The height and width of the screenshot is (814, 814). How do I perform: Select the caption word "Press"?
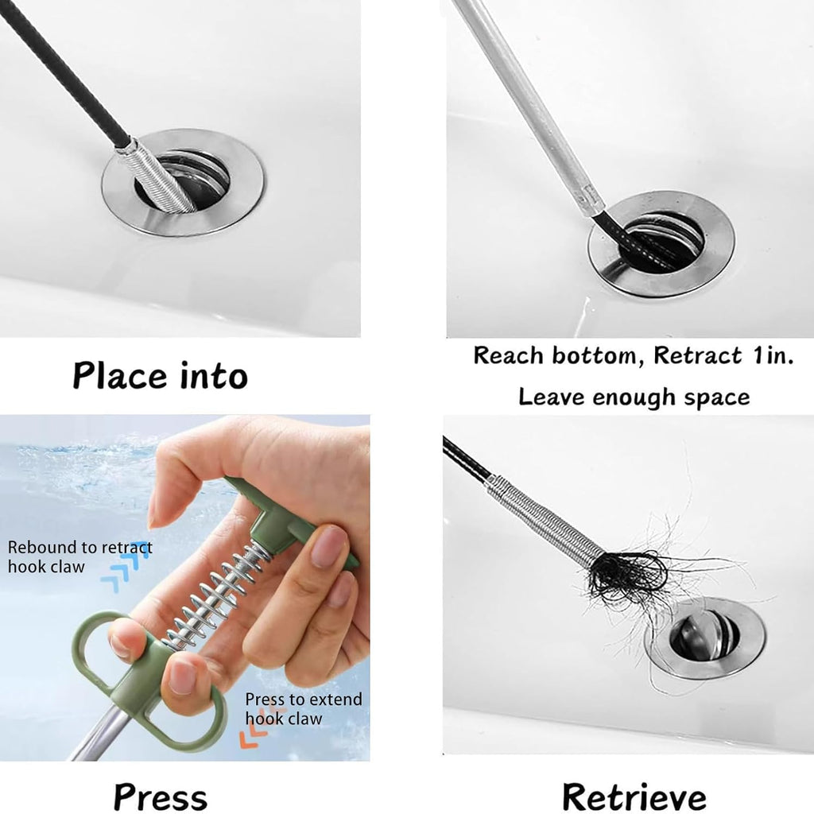pyautogui.click(x=160, y=796)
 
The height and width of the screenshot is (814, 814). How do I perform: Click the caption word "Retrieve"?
pyautogui.click(x=634, y=796)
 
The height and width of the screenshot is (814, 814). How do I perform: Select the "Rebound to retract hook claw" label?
pyautogui.click(x=79, y=556)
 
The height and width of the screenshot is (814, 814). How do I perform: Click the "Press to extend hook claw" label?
pyautogui.click(x=303, y=708)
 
